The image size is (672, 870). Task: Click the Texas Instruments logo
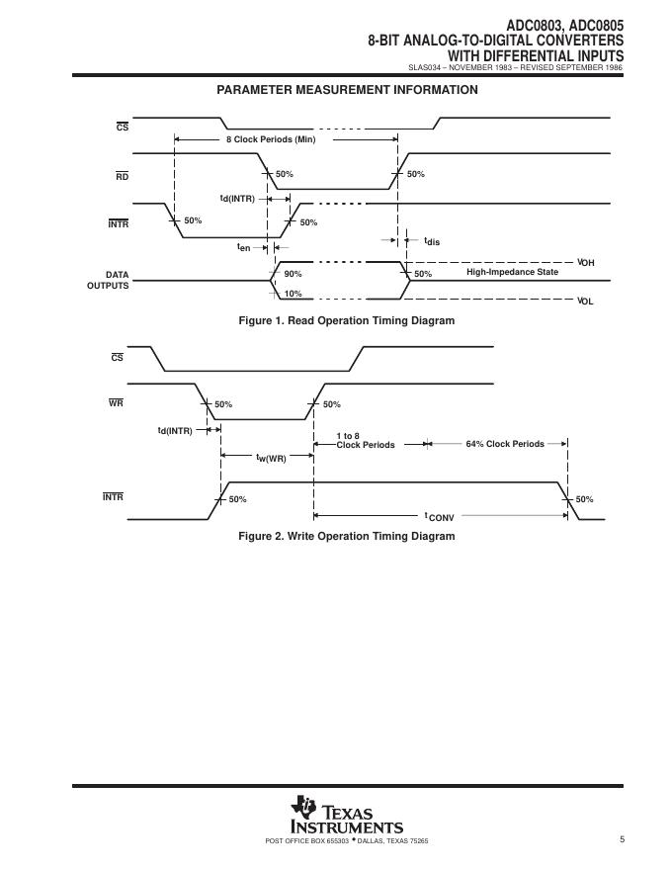tap(346, 816)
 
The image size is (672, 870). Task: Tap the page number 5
tap(623, 840)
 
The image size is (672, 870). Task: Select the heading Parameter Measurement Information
tap(347, 90)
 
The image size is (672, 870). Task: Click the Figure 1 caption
tap(347, 320)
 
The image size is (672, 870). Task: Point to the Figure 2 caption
tap(347, 536)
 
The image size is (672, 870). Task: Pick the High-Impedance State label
tap(512, 272)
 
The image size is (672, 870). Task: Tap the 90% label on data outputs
tap(294, 274)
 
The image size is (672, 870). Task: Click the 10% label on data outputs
tap(294, 294)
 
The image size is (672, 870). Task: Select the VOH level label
tap(585, 263)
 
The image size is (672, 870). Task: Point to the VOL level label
tap(585, 301)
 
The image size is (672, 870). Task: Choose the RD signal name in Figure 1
tap(122, 176)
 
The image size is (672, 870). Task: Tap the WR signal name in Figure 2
tap(116, 403)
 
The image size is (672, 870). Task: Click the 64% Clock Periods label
tap(505, 444)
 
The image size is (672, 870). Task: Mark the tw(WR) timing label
tap(271, 458)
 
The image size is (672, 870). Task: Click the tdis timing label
tap(432, 241)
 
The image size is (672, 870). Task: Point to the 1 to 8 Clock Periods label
tap(365, 440)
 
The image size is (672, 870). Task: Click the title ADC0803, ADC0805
tap(564, 11)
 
